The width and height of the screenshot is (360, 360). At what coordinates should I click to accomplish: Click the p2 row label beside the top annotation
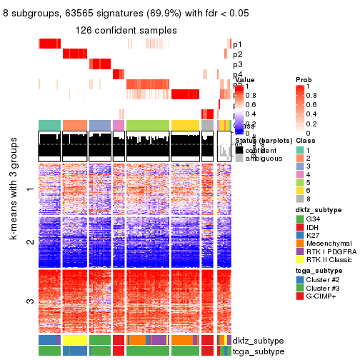click(x=237, y=54)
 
